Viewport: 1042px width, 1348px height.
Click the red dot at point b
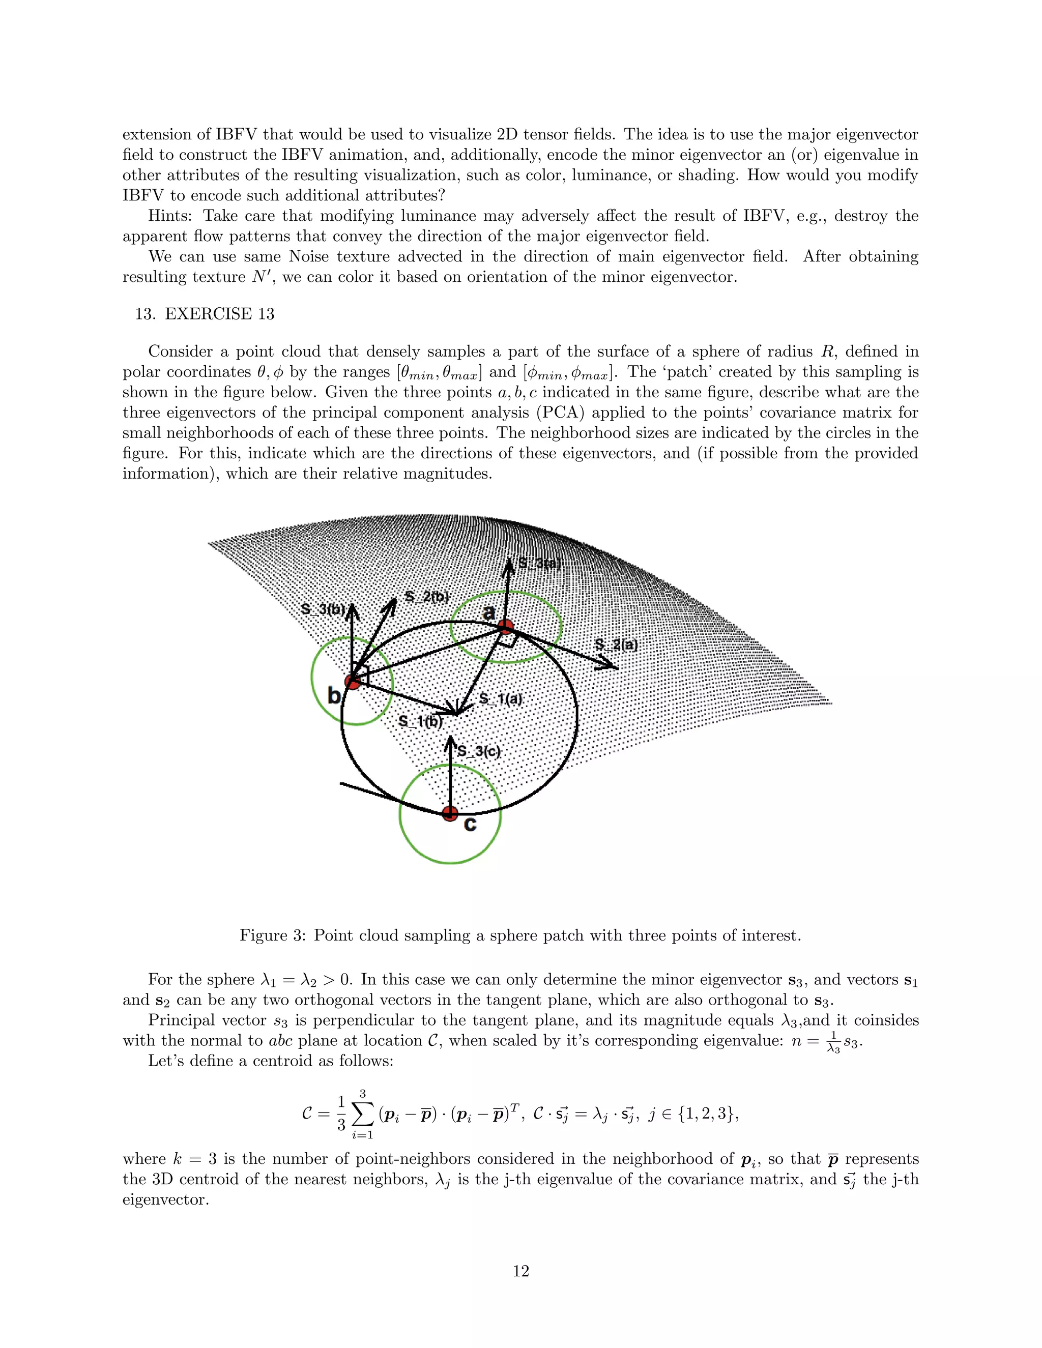pyautogui.click(x=353, y=682)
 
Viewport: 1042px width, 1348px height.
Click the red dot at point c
pyautogui.click(x=450, y=813)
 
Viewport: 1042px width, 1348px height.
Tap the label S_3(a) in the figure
pyautogui.click(x=539, y=563)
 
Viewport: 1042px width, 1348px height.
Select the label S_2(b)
pyautogui.click(x=426, y=597)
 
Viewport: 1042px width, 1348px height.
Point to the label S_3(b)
pyautogui.click(x=322, y=609)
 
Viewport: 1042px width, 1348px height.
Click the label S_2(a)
pyautogui.click(x=616, y=645)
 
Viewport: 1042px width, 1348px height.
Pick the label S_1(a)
pyautogui.click(x=501, y=699)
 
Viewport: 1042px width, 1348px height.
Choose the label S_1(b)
pyautogui.click(x=420, y=721)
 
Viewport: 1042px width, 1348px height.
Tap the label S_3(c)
pyautogui.click(x=478, y=751)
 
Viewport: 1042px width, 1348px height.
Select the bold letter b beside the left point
pyautogui.click(x=334, y=695)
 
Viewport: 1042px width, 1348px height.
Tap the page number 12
pyautogui.click(x=520, y=1271)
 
